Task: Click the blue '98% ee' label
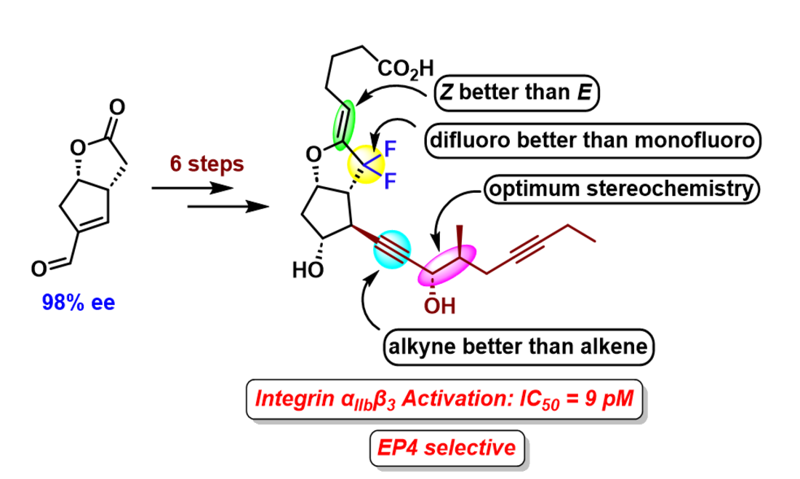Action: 79,303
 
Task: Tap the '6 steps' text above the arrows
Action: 207,164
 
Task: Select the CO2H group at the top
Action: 406,68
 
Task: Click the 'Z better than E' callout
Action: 516,92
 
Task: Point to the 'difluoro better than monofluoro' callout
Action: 592,140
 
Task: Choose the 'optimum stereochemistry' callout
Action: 621,189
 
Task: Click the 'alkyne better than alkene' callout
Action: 518,347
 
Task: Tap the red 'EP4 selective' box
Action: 447,448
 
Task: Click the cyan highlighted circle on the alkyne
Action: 392,249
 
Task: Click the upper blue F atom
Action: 390,149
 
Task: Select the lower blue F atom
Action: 390,181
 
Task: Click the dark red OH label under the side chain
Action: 439,306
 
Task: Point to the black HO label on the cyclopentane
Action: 308,270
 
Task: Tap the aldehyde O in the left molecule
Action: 39,269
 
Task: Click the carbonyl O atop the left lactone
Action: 117,107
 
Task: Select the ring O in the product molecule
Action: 313,154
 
